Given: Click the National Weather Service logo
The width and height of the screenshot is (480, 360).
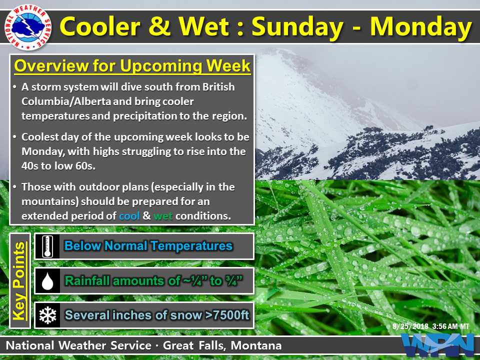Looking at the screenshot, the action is tap(28, 27).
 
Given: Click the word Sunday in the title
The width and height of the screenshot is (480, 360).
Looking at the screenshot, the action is tap(297, 27).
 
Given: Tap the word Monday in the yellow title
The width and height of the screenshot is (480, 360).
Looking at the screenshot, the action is tap(421, 27).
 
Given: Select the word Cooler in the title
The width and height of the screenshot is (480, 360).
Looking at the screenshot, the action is tap(100, 26).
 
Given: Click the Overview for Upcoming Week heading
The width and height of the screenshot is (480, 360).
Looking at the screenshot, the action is tap(132, 65).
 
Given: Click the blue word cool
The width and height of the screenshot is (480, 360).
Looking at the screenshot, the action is tap(129, 216).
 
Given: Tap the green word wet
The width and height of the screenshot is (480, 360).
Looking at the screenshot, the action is tap(163, 216).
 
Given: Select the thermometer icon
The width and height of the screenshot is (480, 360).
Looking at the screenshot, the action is tap(47, 246).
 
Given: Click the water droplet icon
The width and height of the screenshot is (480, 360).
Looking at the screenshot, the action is tap(47, 281).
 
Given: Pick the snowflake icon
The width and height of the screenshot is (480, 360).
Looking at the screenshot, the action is tap(48, 315).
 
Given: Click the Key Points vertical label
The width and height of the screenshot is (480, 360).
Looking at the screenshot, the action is tap(19, 281).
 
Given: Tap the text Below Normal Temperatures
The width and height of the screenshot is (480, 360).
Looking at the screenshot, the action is tap(148, 246).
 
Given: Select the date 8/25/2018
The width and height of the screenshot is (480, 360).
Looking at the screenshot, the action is tap(410, 326).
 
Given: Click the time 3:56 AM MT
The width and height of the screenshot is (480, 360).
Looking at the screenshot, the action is tap(450, 326).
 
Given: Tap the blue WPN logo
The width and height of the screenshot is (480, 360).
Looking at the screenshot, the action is tap(438, 345).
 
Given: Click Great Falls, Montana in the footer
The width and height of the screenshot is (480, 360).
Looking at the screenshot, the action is tap(222, 345).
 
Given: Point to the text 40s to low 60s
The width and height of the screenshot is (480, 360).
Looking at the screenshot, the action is tap(58, 166).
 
